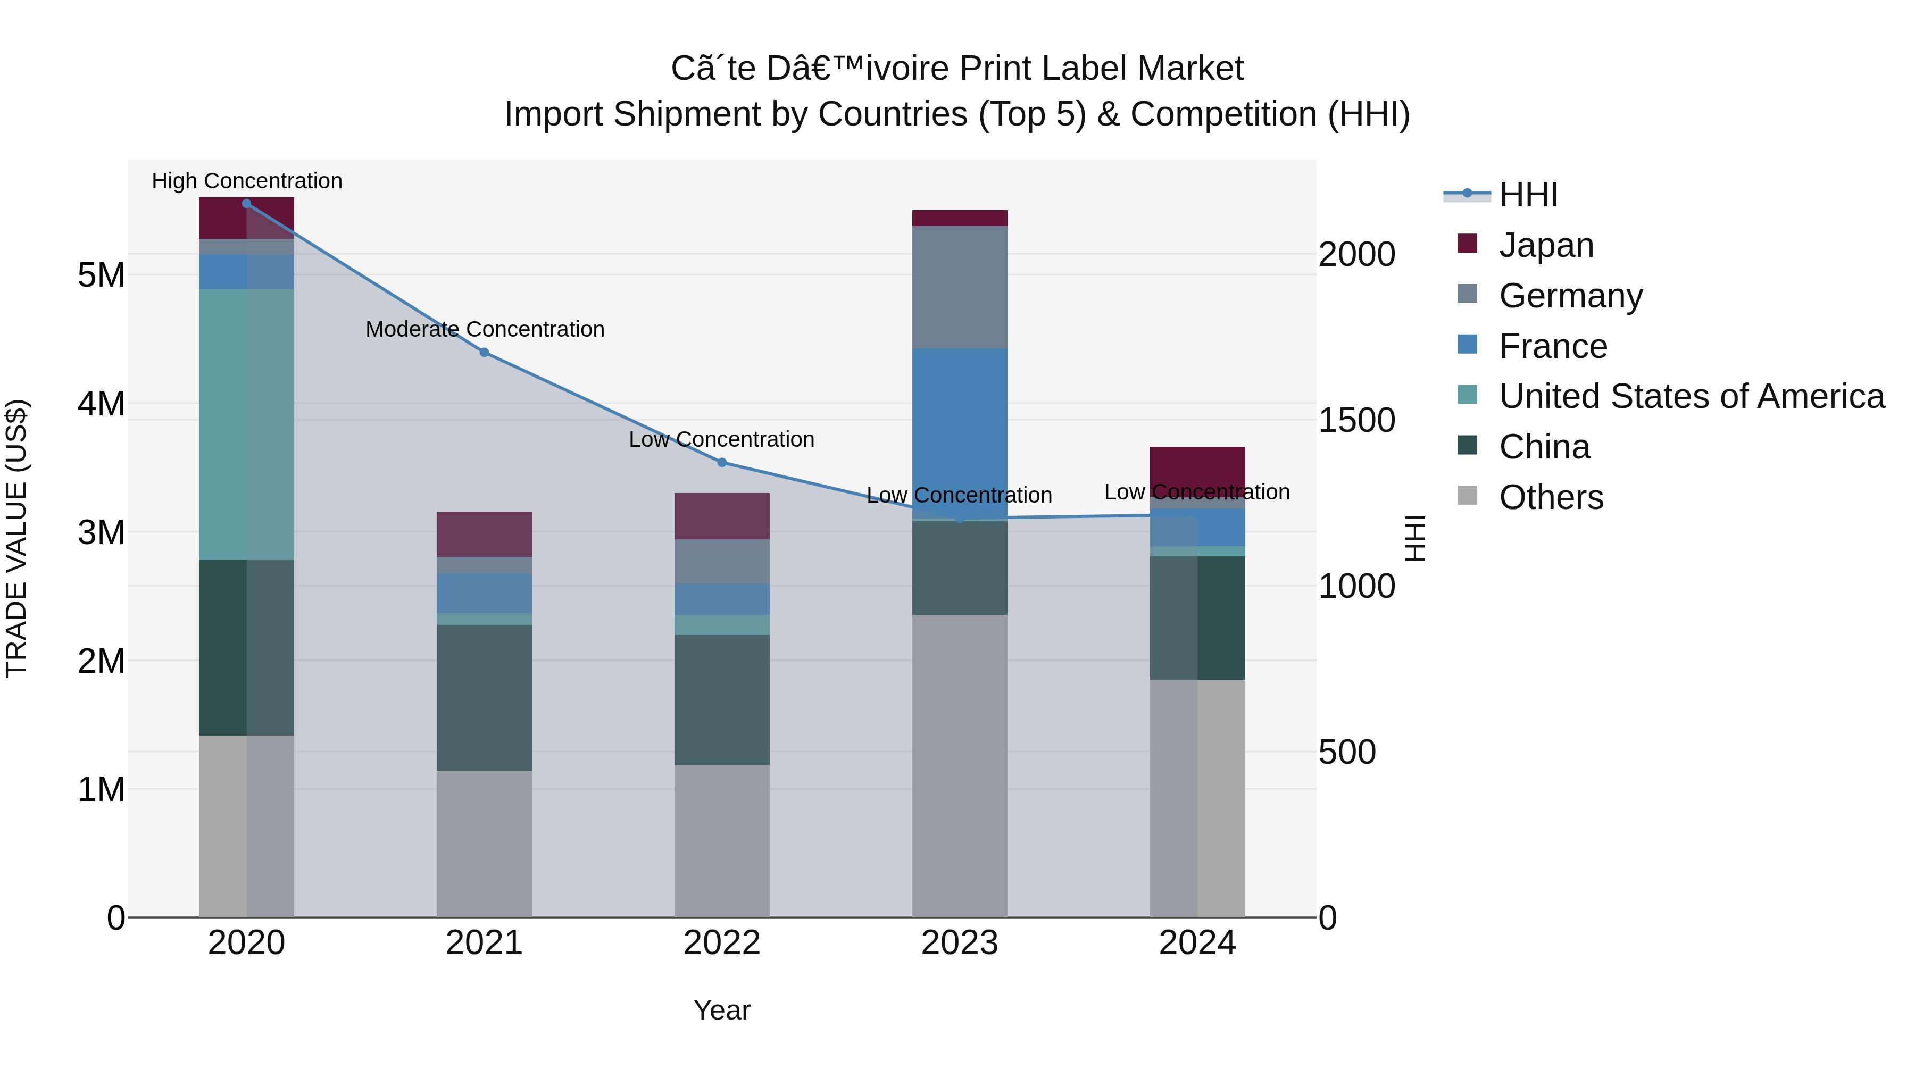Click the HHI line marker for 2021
(x=484, y=352)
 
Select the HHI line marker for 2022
(x=722, y=462)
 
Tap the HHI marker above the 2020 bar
(x=247, y=204)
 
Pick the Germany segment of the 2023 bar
(x=959, y=287)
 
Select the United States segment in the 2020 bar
(x=246, y=424)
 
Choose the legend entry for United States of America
(x=1691, y=396)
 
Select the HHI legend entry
(x=1528, y=195)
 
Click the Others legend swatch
(x=1468, y=496)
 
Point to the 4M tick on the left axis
(x=101, y=404)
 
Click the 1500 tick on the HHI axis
(x=1356, y=421)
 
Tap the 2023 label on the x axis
(x=959, y=943)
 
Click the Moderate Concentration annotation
(x=485, y=329)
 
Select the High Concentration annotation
(x=247, y=181)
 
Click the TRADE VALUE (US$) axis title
(x=16, y=538)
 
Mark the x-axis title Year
(x=721, y=1010)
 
